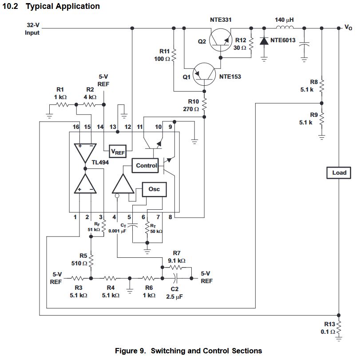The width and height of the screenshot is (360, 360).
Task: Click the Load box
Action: tap(339, 172)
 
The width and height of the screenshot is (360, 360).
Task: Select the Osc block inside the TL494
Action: tap(154, 190)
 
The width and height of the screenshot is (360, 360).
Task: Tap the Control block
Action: tap(146, 165)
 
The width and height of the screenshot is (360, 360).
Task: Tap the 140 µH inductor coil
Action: tap(285, 28)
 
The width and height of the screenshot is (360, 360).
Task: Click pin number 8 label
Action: tap(170, 217)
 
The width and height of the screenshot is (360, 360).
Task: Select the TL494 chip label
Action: tap(100, 162)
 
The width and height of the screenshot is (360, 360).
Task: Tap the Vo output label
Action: tap(348, 28)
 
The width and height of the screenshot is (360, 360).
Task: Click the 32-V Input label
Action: tap(32, 29)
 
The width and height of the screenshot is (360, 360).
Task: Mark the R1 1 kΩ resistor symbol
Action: tap(61, 105)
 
